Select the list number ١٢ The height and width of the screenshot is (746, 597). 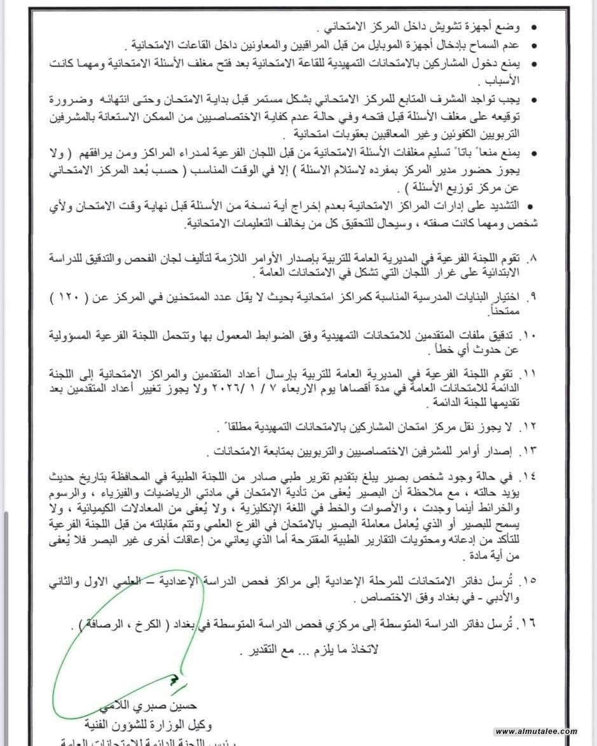[529, 425]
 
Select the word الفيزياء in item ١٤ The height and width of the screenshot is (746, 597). [165, 494]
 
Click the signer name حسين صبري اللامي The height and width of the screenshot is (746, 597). [164, 707]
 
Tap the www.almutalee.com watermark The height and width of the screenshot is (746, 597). [536, 732]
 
